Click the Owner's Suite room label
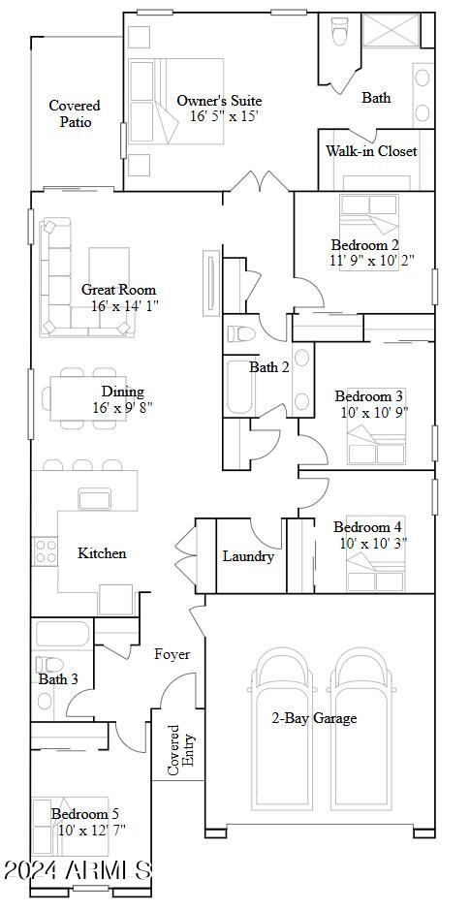219,101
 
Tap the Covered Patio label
75,114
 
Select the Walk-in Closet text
370,151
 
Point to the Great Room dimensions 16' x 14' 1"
125,305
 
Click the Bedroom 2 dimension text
373,260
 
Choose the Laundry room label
248,556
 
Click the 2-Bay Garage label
314,719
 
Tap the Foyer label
172,655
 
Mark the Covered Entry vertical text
181,750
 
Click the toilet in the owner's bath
338,30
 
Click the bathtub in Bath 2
237,388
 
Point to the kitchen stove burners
46,551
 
